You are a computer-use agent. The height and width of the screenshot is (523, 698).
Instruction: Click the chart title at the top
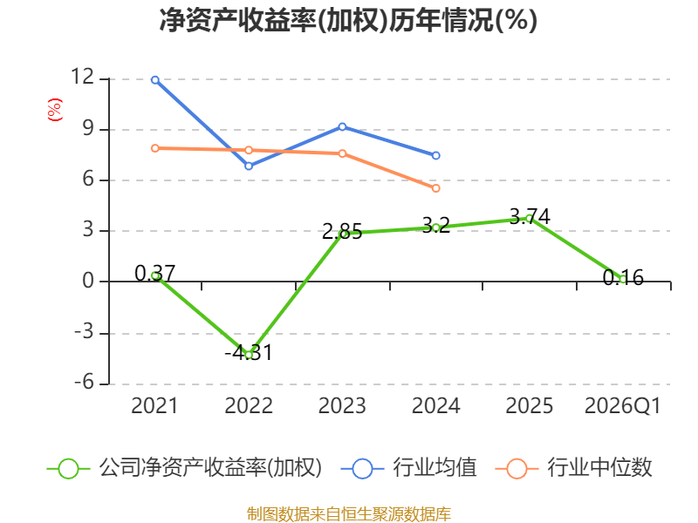click(348, 20)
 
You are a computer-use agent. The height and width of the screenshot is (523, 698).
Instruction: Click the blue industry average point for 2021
click(155, 80)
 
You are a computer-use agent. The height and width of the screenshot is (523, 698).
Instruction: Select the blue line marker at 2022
click(249, 166)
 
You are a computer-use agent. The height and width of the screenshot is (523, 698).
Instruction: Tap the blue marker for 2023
click(342, 126)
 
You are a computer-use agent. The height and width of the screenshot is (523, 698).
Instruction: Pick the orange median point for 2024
click(435, 188)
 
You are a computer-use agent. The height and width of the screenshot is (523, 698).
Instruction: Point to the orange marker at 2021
click(155, 148)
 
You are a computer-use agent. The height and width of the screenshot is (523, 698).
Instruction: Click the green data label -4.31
click(249, 353)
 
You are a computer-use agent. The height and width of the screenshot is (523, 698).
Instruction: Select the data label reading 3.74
click(530, 216)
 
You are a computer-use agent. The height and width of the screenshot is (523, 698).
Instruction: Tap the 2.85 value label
click(342, 232)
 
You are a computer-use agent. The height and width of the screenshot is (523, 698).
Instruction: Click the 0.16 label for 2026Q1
click(623, 277)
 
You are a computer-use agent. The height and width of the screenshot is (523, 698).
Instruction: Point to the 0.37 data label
click(155, 273)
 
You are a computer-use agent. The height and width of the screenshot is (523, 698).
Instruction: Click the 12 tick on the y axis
click(83, 77)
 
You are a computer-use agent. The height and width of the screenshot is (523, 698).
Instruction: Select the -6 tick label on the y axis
click(84, 382)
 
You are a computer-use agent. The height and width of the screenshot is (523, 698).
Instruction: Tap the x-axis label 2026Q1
click(622, 406)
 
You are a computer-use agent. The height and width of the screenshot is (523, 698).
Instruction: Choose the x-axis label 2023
click(342, 406)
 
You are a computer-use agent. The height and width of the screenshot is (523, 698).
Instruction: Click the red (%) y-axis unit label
click(55, 110)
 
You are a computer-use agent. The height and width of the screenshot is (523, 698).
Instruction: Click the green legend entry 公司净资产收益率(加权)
click(184, 468)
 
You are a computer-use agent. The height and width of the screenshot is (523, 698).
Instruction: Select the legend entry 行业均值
click(408, 468)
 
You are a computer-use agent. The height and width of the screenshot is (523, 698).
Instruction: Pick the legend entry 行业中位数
click(573, 468)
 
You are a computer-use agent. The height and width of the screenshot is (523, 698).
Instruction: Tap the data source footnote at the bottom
click(349, 514)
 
